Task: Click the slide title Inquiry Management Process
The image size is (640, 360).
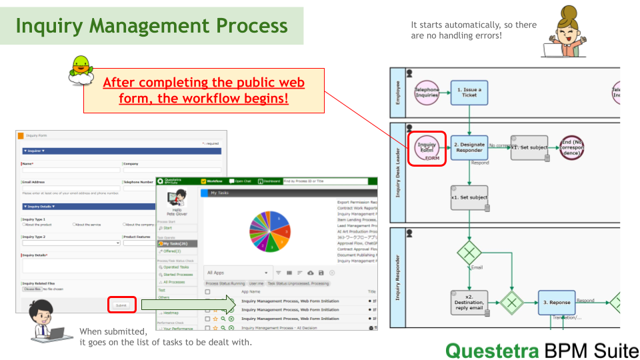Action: click(152, 26)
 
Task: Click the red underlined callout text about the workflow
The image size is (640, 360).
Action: click(203, 91)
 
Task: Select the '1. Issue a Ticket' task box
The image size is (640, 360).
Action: click(469, 91)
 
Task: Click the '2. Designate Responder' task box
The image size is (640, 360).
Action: click(469, 147)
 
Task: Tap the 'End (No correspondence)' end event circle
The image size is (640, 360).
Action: click(572, 147)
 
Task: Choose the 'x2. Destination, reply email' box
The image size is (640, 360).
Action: click(469, 302)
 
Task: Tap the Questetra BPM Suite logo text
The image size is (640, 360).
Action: click(541, 350)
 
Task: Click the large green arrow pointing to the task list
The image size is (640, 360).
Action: click(189, 305)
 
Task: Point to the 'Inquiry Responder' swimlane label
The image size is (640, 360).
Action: click(397, 277)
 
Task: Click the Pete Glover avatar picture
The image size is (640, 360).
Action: click(177, 198)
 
